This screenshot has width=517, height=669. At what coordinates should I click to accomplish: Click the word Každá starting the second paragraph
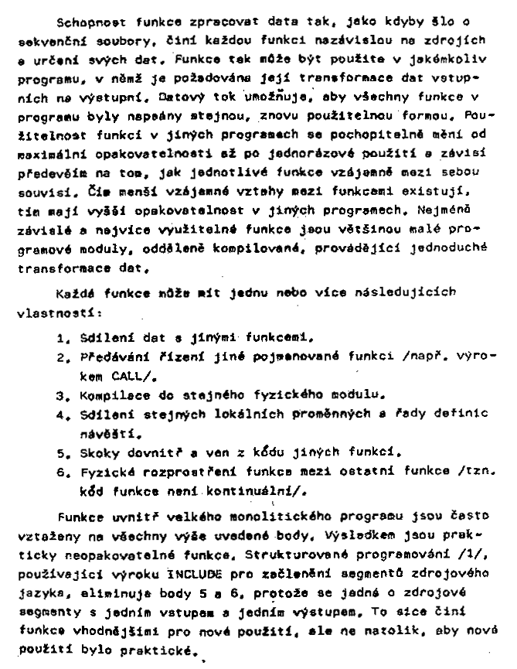[x=76, y=296]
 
